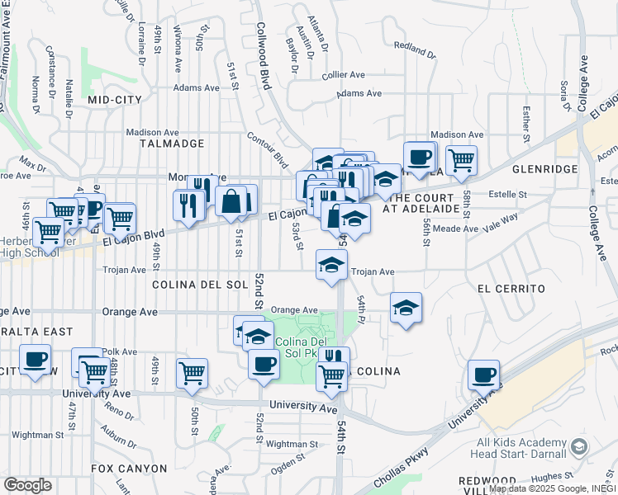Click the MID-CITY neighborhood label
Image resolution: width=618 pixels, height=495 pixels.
114,99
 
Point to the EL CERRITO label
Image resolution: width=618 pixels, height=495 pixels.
511,289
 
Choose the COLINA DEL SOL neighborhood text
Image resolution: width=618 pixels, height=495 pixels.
200,284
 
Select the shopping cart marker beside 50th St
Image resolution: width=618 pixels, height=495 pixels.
192,372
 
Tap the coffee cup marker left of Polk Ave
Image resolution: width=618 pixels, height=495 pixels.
36,360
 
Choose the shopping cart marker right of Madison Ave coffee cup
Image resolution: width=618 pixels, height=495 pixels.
461,158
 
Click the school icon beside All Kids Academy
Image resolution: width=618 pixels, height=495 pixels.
578,447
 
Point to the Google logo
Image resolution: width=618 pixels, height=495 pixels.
27,485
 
